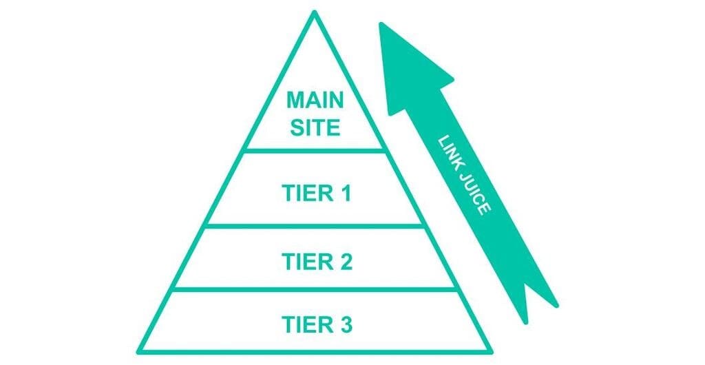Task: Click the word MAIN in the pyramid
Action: click(315, 101)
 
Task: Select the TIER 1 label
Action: click(316, 194)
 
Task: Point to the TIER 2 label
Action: click(316, 262)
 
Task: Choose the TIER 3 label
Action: click(316, 323)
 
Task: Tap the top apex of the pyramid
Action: click(315, 13)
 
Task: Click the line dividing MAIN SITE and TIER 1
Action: click(315, 149)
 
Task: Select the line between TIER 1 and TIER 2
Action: click(315, 225)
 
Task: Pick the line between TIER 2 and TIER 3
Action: click(315, 289)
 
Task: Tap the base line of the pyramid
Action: click(315, 351)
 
